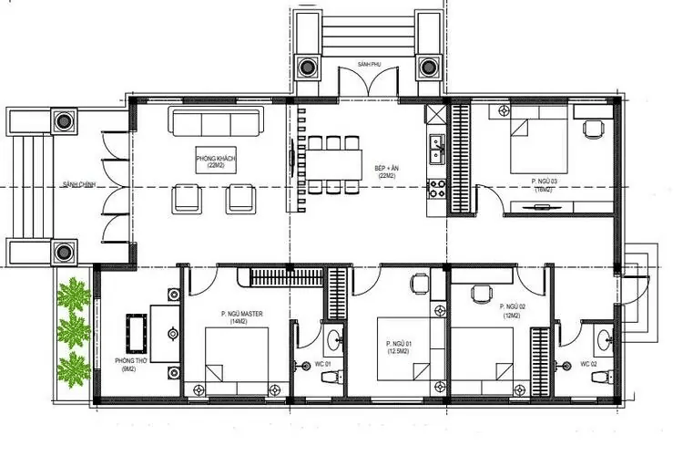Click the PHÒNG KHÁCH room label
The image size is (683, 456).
tap(216, 162)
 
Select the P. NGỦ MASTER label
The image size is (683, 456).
tap(241, 317)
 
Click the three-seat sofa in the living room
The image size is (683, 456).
tap(216, 123)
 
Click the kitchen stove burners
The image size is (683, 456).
tap(435, 190)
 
